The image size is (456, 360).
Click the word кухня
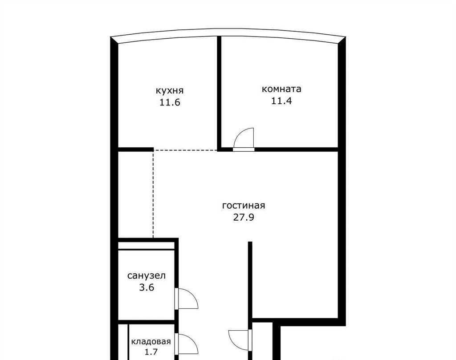170,90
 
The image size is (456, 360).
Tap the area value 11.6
170,102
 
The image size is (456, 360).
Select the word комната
281,89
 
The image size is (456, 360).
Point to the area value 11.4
281,101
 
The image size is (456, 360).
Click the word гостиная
244,206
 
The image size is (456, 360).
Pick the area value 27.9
244,217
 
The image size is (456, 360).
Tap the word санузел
147,275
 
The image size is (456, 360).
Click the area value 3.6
147,287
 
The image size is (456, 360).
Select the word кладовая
151,341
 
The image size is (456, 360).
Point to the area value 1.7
151,352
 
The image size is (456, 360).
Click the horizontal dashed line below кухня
186,150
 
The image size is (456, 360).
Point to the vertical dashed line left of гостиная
153,194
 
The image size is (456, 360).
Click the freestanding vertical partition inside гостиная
250,280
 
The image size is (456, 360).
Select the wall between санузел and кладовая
146,322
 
